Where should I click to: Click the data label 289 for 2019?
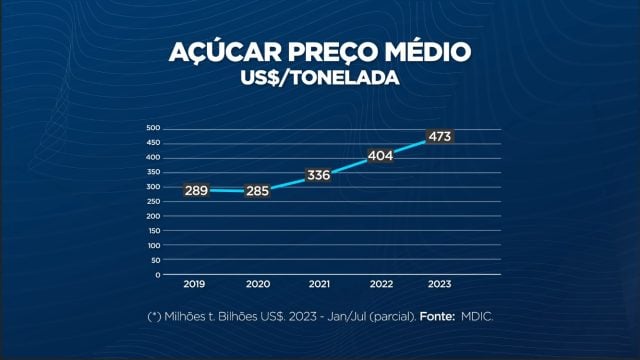click(196, 189)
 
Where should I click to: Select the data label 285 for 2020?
click(257, 190)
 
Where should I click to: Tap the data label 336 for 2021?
click(318, 175)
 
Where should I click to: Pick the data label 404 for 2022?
click(380, 156)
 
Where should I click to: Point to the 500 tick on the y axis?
click(153, 128)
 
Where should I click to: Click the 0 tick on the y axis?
click(157, 274)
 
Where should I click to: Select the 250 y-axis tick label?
click(153, 201)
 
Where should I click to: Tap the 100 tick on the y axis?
click(153, 245)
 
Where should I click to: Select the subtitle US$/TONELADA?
click(320, 77)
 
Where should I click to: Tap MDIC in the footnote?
click(477, 317)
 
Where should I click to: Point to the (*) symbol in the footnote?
click(154, 317)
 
